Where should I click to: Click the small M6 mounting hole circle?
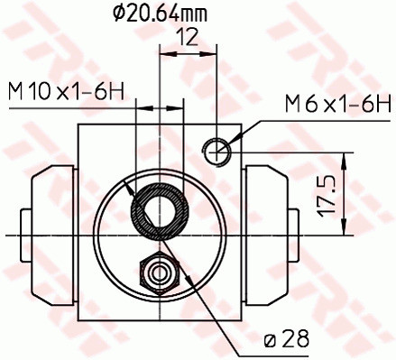click(x=218, y=151)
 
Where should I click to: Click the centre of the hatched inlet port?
click(x=160, y=214)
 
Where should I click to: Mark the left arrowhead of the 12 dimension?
click(x=163, y=51)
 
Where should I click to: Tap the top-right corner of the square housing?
click(x=242, y=125)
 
